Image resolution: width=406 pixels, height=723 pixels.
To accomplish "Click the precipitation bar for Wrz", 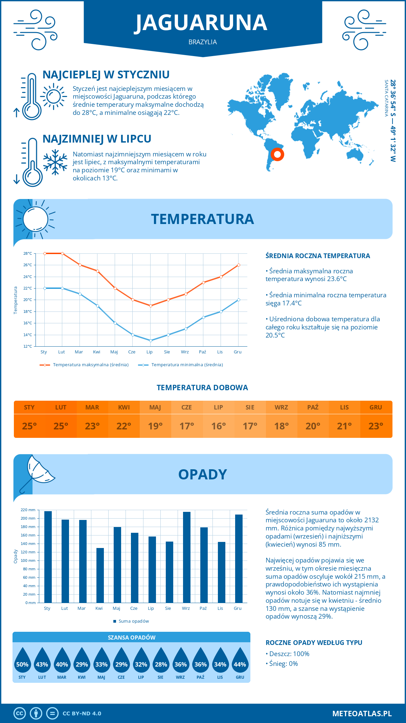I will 187,557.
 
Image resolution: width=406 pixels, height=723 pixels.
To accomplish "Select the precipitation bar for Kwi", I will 100,575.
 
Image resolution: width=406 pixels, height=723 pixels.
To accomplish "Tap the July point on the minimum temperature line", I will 151,341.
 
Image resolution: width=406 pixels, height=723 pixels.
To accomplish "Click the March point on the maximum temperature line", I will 80,265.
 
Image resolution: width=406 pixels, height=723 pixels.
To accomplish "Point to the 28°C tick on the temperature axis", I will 28,253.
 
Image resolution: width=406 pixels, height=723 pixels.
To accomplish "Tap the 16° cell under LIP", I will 218,426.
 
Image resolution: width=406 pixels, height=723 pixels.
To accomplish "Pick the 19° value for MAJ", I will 155,426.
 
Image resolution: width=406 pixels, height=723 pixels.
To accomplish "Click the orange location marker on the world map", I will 277,154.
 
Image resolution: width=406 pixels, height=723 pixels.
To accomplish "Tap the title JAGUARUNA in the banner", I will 202,23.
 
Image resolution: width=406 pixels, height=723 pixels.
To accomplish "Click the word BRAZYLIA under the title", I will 203,42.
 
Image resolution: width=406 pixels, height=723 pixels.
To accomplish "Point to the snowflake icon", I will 55,162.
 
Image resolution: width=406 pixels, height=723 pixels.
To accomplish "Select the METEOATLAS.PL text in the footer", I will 362,714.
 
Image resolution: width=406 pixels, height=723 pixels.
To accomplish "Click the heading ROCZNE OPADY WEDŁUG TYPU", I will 314,643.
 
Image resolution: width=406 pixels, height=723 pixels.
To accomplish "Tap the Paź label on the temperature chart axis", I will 202,352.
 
